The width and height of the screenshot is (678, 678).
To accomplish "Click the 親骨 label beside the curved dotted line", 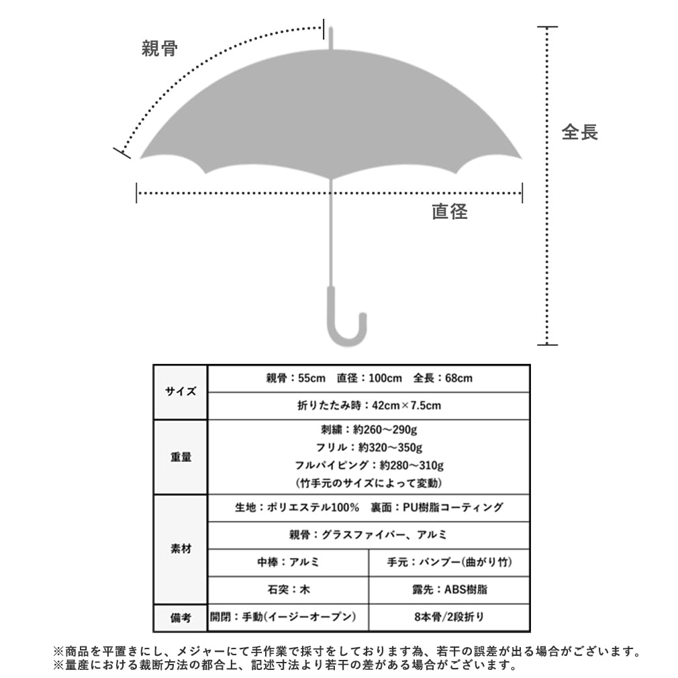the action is pos(160,48).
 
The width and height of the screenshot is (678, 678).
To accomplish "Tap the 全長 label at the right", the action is pos(579,132).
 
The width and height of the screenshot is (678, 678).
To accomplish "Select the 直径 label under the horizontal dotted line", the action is pos(450,211).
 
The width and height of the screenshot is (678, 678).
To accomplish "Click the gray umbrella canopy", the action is pos(331,112).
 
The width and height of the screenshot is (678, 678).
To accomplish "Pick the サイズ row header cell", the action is pos(181,392).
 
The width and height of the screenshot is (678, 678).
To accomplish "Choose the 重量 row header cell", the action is pos(181,457).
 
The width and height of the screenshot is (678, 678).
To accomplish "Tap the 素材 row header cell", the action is pos(181,549).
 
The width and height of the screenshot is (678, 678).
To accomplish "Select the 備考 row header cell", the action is pos(181,618).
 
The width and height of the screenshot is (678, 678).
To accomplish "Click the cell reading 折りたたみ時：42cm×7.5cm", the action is pos(369,405).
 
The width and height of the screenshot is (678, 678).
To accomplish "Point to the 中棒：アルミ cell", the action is pos(289,563).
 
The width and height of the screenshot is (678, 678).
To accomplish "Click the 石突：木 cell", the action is pos(289,590).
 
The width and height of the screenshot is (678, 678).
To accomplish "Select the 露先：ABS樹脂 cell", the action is pos(450,590).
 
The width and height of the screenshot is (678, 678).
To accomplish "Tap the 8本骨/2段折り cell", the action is pos(450,617).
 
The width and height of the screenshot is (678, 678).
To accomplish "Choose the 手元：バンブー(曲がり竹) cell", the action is pos(450,563).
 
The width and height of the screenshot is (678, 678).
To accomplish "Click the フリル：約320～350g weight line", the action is pos(369,448).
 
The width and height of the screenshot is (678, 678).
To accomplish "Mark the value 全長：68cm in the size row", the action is pos(443,379).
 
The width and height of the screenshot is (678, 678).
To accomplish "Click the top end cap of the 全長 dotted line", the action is pos(547,27).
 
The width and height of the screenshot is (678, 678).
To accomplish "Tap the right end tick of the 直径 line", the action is pos(522,193).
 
